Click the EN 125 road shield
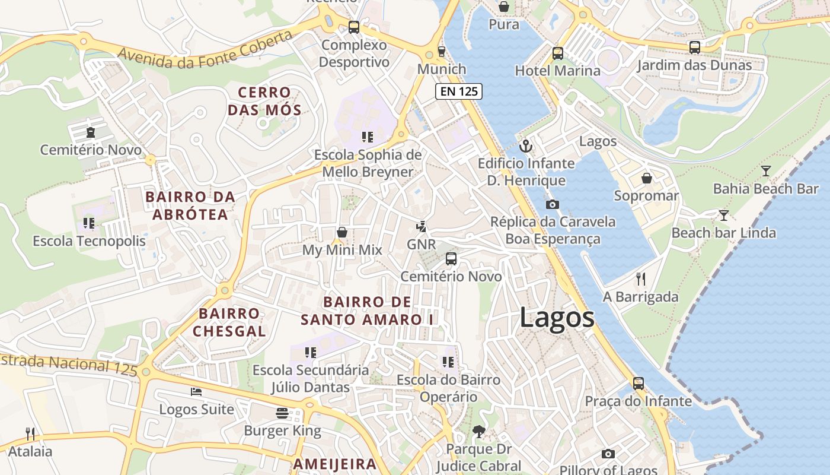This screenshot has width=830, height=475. tap(459, 91)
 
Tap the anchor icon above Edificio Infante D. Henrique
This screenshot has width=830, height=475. tap(526, 145)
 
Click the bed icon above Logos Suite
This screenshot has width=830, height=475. tap(196, 392)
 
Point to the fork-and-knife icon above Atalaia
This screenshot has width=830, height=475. tap(30, 434)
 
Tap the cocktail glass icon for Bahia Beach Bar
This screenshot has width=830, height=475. tap(766, 171)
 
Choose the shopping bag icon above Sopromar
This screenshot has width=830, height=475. tap(647, 178)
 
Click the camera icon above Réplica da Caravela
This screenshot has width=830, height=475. tap(553, 204)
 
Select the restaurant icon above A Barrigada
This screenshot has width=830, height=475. tap(640, 279)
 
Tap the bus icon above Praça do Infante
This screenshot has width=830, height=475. tap(638, 384)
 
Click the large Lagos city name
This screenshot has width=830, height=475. tap(557, 318)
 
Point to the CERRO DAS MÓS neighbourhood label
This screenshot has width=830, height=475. tap(264, 101)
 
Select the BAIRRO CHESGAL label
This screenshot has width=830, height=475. tap(229, 322)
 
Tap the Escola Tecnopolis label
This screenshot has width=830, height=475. tap(89, 241)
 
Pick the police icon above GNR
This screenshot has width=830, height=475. tap(422, 226)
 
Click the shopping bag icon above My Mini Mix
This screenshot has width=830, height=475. tap(342, 232)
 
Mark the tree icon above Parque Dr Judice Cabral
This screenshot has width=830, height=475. tap(478, 432)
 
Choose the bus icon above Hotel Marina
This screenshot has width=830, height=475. tap(558, 53)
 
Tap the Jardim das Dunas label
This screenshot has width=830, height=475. tap(694, 65)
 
